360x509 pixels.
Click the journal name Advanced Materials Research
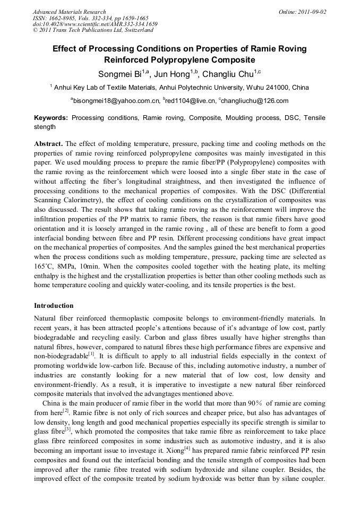[x=69, y=12]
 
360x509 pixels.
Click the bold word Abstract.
[x=48, y=144]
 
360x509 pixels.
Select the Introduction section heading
[x=54, y=306]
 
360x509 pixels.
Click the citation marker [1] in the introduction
[x=91, y=353]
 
